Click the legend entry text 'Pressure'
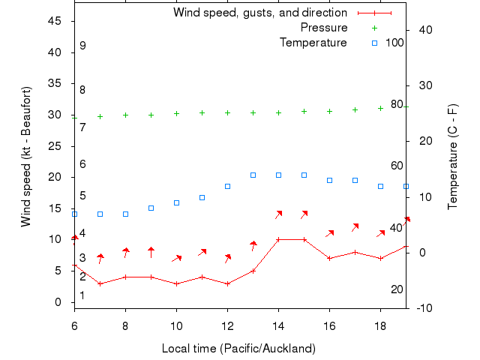324,28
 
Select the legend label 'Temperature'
313,42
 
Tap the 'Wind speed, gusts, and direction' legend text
259,13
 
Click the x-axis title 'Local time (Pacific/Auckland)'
238,349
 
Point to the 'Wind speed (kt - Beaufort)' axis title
26,157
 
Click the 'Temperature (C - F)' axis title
453,157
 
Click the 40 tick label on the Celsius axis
423,29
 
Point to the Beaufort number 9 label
82,46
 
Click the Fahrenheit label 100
394,42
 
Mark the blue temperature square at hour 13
253,175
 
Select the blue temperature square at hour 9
151,208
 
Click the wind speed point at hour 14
278,239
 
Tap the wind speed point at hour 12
227,283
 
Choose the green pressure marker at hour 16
329,111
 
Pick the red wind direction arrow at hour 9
151,252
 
